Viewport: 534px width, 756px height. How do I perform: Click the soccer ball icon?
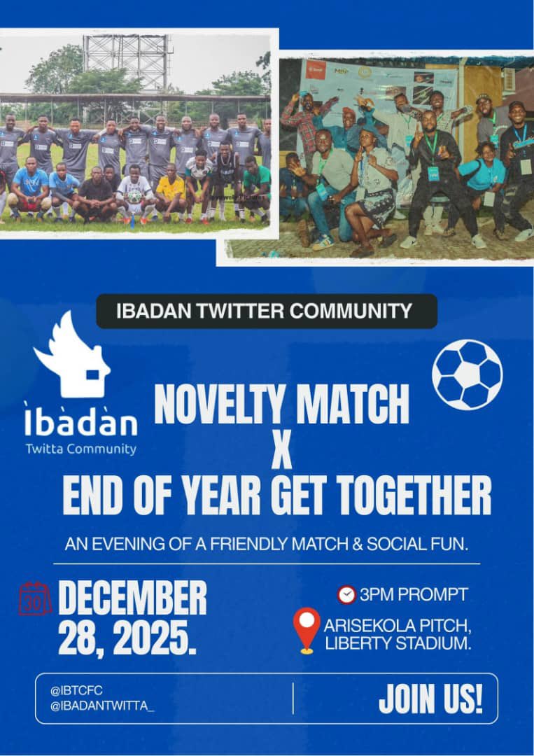tap(467, 374)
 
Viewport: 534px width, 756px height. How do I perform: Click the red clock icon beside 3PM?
tap(346, 595)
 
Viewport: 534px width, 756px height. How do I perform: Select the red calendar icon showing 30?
tap(35, 599)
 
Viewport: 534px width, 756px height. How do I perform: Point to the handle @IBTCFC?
tap(76, 690)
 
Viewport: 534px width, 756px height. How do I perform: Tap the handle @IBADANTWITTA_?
tap(101, 706)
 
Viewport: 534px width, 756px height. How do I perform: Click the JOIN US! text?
tap(430, 699)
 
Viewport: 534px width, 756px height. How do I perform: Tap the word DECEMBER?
tap(132, 598)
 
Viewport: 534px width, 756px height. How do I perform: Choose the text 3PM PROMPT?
tap(414, 595)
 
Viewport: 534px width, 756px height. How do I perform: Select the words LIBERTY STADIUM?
tap(398, 644)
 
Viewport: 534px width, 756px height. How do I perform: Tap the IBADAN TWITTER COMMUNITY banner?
tap(266, 311)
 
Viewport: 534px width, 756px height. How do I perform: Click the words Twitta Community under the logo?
tap(80, 449)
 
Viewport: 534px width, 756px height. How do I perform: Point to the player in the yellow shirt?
tap(171, 191)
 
